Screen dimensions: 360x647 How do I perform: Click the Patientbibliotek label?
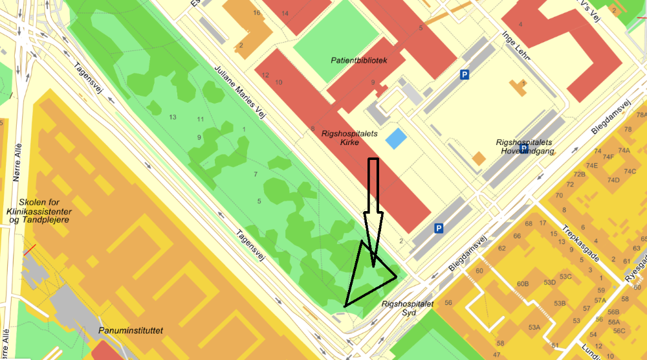(358, 60)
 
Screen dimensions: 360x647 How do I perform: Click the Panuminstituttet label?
(131, 331)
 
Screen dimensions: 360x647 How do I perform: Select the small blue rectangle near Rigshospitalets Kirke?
(396, 139)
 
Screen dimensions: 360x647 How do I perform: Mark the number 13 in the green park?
(172, 117)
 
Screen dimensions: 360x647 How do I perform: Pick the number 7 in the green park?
(256, 175)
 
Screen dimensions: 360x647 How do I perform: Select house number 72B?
(579, 175)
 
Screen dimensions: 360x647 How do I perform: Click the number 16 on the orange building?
(257, 13)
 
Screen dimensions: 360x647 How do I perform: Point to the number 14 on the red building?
(285, 13)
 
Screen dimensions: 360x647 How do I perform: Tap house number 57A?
(600, 300)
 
